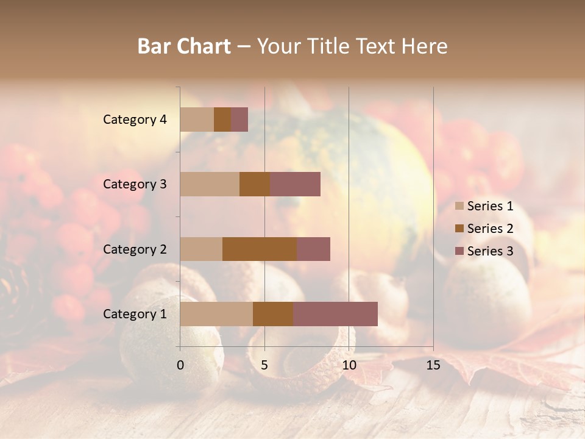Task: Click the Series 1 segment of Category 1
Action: tap(216, 314)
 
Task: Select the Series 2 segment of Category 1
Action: tap(273, 314)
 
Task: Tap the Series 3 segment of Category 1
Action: tap(335, 314)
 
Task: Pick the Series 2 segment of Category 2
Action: tap(260, 249)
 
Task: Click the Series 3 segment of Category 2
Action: tap(313, 249)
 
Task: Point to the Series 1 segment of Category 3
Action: tap(210, 184)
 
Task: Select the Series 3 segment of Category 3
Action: tap(295, 184)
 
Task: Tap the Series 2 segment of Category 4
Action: tap(222, 120)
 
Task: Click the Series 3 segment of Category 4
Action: tap(239, 120)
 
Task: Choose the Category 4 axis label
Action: tap(135, 120)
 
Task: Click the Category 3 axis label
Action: tap(135, 184)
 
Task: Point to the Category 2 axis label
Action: tap(135, 249)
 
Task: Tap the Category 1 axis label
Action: tap(135, 314)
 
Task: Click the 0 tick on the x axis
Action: tap(180, 365)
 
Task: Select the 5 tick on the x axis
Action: tap(264, 365)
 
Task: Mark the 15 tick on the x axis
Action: tap(433, 365)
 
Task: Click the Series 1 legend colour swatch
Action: tap(459, 206)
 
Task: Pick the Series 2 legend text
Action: tap(490, 229)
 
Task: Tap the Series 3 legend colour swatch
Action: tap(459, 251)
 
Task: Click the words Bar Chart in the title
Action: tap(184, 46)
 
